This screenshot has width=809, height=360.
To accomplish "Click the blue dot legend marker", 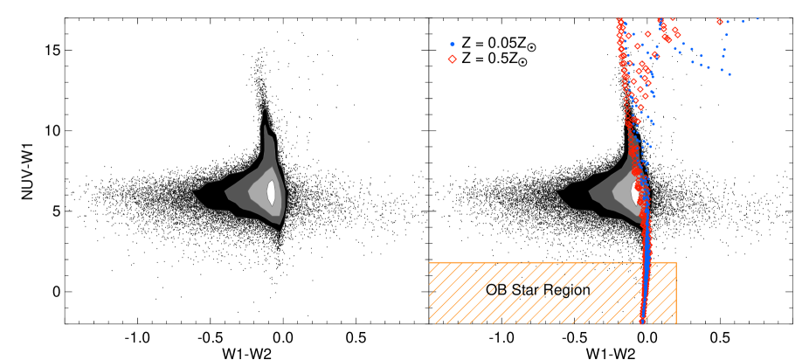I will tap(452, 45).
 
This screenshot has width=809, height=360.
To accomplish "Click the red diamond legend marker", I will tap(452, 59).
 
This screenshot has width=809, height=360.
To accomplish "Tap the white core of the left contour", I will tap(271, 192).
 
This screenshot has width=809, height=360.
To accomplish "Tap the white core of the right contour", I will tap(635, 192).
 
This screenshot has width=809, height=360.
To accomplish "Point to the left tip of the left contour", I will tap(192, 190).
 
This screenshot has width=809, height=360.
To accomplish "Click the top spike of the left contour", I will tap(264, 110).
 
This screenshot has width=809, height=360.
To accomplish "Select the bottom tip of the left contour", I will tap(281, 232).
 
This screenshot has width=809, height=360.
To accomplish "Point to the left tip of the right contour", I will tap(557, 190).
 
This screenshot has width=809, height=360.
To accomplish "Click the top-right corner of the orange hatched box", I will tap(676, 262).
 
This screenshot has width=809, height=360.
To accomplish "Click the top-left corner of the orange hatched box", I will tap(429, 262).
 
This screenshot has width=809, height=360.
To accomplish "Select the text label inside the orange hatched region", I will tap(539, 291).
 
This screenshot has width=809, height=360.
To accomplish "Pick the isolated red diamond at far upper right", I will tap(720, 22).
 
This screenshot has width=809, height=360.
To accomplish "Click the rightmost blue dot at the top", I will tap(757, 18).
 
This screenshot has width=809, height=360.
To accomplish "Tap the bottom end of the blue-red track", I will tap(642, 322).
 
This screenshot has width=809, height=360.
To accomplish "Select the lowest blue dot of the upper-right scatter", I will tap(729, 74).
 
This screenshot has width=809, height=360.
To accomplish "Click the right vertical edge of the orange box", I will tap(676, 293).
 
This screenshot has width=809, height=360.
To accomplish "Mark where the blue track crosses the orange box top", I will tap(647, 262).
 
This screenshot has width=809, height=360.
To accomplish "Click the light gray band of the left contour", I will tap(259, 194).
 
